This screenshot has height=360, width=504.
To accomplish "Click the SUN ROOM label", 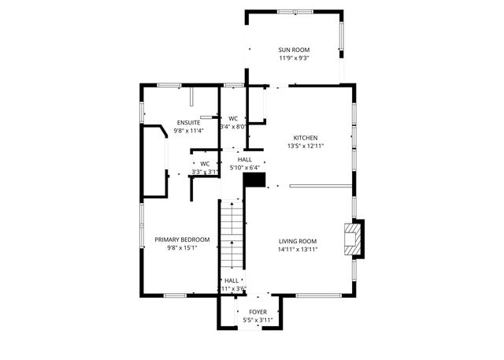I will pyautogui.click(x=293, y=50).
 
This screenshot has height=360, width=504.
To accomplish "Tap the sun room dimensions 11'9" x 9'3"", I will pyautogui.click(x=293, y=58).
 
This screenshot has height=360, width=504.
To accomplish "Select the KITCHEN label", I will pyautogui.click(x=306, y=137).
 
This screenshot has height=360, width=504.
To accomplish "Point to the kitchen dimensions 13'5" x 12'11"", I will pyautogui.click(x=306, y=146).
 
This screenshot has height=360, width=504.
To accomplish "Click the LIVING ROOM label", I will pyautogui.click(x=298, y=241).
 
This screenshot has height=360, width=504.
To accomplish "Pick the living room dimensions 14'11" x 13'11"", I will pyautogui.click(x=298, y=249).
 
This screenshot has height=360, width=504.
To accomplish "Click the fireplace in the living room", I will pyautogui.click(x=354, y=239).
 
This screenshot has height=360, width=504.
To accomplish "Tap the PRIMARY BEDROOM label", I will pyautogui.click(x=182, y=239).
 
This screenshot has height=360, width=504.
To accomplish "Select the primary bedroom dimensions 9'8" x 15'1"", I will pyautogui.click(x=182, y=248).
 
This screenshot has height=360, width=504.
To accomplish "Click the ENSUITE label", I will pyautogui.click(x=188, y=122).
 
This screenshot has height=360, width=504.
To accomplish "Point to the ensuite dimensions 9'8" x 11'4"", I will pyautogui.click(x=188, y=131).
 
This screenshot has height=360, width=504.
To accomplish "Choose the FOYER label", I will pyautogui.click(x=246, y=312).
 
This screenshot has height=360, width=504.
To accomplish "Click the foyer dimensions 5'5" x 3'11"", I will pyautogui.click(x=246, y=321).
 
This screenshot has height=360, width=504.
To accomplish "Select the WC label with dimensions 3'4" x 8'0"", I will pyautogui.click(x=233, y=118).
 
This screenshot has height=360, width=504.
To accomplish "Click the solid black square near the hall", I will pyautogui.click(x=254, y=180).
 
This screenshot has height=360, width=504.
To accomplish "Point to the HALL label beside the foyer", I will pyautogui.click(x=232, y=280).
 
